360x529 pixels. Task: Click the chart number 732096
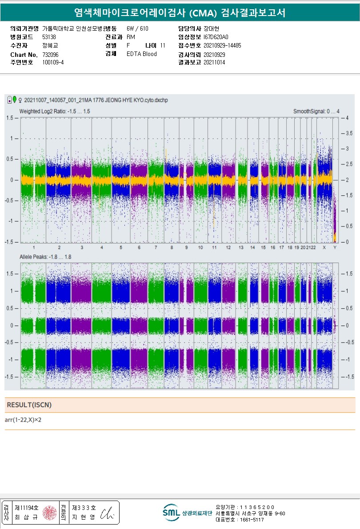click(x=50, y=54)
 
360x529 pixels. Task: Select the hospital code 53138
click(x=49, y=37)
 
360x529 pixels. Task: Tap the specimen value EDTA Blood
click(x=141, y=54)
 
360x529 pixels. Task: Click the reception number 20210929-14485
click(x=222, y=45)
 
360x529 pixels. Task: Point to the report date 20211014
click(x=214, y=63)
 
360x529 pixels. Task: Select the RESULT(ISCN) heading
click(x=29, y=405)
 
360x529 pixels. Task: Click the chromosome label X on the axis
click(x=324, y=247)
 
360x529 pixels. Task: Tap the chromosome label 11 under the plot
click(x=214, y=247)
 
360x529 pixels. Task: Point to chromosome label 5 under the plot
click(x=121, y=247)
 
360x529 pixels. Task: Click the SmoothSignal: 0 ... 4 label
click(x=316, y=111)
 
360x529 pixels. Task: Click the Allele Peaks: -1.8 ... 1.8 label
click(x=45, y=257)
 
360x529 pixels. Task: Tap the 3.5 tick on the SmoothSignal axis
click(x=349, y=133)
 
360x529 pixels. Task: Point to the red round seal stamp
click(x=49, y=512)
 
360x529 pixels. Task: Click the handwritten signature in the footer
click(x=109, y=512)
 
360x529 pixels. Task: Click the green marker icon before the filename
click(x=15, y=99)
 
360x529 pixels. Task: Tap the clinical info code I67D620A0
click(x=216, y=37)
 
